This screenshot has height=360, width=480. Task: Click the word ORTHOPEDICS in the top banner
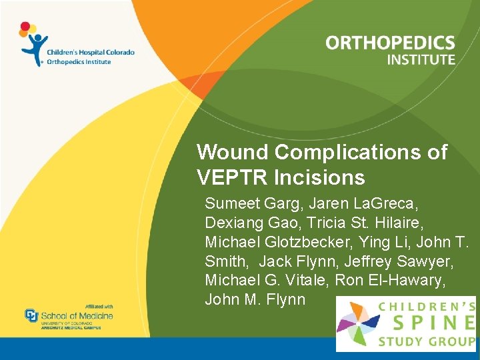coord(390,44)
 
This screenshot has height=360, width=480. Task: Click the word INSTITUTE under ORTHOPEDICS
coord(421,60)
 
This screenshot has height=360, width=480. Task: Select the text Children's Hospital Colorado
coord(90,52)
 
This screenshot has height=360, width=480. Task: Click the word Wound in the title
coord(233,153)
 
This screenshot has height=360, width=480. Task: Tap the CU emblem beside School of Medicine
coord(31,315)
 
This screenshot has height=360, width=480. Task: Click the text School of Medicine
coord(77,315)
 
